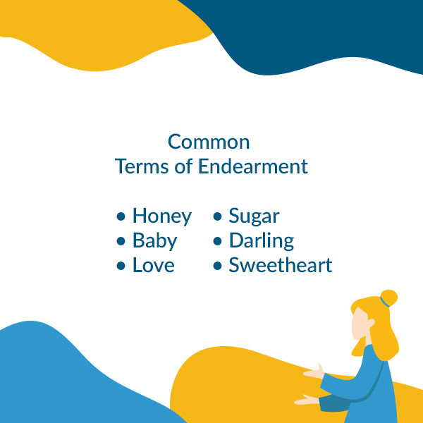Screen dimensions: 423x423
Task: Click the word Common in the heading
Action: [209, 142]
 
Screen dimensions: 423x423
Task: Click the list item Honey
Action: [161, 216]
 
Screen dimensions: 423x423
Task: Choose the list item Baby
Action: [154, 241]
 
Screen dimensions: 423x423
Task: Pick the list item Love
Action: [153, 266]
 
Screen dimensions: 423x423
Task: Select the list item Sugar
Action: [254, 216]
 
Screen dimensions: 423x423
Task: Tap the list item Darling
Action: [261, 241]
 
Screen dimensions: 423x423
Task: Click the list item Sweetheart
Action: [280, 266]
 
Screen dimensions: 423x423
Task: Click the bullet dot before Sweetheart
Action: [218, 266]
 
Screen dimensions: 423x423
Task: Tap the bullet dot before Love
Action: [121, 266]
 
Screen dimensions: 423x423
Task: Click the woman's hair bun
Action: [388, 297]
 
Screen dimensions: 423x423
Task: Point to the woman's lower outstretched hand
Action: [305, 400]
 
